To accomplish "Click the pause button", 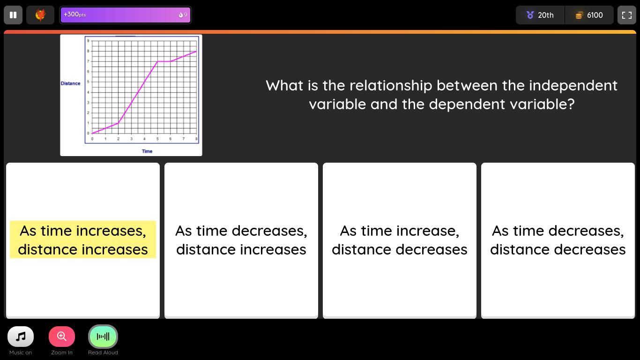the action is [13, 15].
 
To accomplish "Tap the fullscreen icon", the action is [626, 15].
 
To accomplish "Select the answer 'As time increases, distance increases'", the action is [83, 240].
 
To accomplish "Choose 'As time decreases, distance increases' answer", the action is [241, 240].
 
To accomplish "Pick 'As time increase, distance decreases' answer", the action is [400, 240].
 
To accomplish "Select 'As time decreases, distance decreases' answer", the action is [558, 240].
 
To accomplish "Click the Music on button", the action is [21, 336].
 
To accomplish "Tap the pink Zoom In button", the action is [62, 336].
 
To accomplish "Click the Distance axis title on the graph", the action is [70, 83].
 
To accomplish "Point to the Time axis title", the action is [147, 151].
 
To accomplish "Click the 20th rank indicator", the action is [540, 15].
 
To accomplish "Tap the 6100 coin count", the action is [589, 15].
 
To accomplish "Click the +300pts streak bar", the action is [126, 15].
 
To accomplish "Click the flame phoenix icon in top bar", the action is [40, 15].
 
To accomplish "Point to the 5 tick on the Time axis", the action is [157, 139].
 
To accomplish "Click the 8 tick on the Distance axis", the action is [88, 51].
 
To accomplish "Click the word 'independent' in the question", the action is [573, 85].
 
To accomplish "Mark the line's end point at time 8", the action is [196, 51].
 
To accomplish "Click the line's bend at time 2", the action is [118, 123].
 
